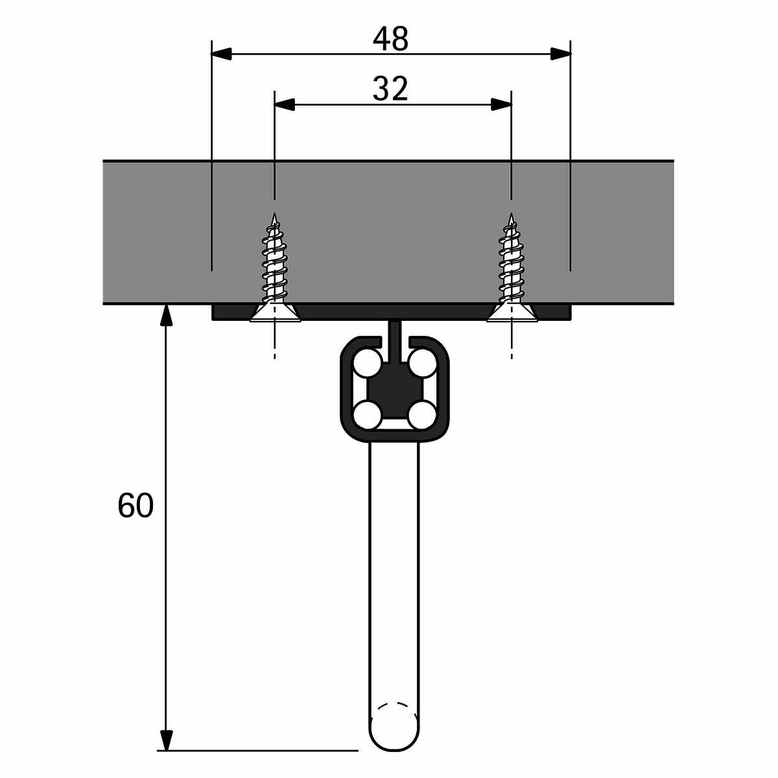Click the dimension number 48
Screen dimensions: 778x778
(390, 39)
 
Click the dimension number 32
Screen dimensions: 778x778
(390, 89)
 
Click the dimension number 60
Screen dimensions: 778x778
(136, 505)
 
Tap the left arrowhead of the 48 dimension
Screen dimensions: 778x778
(221, 54)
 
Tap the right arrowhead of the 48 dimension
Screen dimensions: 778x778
(561, 54)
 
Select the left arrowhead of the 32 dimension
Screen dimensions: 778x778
(285, 104)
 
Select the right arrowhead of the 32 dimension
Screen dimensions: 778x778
(501, 104)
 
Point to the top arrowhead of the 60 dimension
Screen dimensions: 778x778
(167, 315)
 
